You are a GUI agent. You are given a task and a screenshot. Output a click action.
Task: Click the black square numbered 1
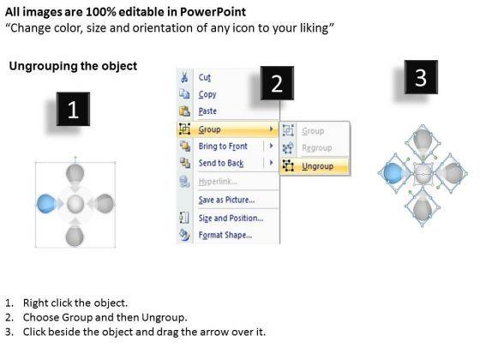tap(73, 109)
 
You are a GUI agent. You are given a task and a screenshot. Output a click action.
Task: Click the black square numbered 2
tap(277, 83)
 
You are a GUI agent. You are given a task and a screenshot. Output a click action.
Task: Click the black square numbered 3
tap(421, 77)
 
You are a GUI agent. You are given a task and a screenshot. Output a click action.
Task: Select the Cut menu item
tap(205, 77)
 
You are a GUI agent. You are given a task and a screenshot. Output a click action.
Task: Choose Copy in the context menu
tap(207, 94)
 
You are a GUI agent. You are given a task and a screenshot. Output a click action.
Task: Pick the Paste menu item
tap(207, 111)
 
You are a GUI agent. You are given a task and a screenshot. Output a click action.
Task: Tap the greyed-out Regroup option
tap(317, 147)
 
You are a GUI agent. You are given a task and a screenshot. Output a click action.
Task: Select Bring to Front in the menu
tap(223, 146)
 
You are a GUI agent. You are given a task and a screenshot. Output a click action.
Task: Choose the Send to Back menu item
tap(221, 163)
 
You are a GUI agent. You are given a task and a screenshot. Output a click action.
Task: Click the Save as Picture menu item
tap(226, 200)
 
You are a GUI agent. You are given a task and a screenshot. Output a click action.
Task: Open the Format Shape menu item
tap(225, 235)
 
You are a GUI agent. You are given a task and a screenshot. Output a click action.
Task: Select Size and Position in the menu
tap(231, 218)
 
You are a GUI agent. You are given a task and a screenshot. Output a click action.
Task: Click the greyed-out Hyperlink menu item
tap(218, 181)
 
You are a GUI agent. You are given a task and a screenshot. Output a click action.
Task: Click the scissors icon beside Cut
tap(184, 77)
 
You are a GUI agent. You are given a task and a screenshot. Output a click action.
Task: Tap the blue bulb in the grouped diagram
tap(46, 203)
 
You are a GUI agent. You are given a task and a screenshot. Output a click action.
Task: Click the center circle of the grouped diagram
tap(75, 204)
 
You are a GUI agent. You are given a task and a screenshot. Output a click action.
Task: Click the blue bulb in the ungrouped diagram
tap(393, 173)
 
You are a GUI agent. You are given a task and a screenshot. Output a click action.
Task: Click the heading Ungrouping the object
tap(73, 66)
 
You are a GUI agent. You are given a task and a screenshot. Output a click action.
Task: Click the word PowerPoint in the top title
tap(213, 12)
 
